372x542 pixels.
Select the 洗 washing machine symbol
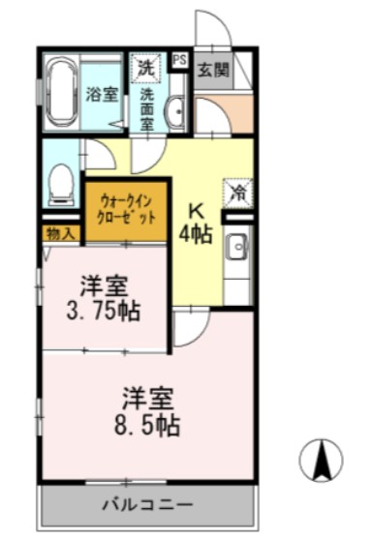point(144,68)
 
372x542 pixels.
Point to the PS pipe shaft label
point(179,60)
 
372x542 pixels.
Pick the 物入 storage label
point(59,233)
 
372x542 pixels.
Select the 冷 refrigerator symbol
point(235,192)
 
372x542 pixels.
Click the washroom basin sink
point(174,115)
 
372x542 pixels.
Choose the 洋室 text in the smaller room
point(104,287)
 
